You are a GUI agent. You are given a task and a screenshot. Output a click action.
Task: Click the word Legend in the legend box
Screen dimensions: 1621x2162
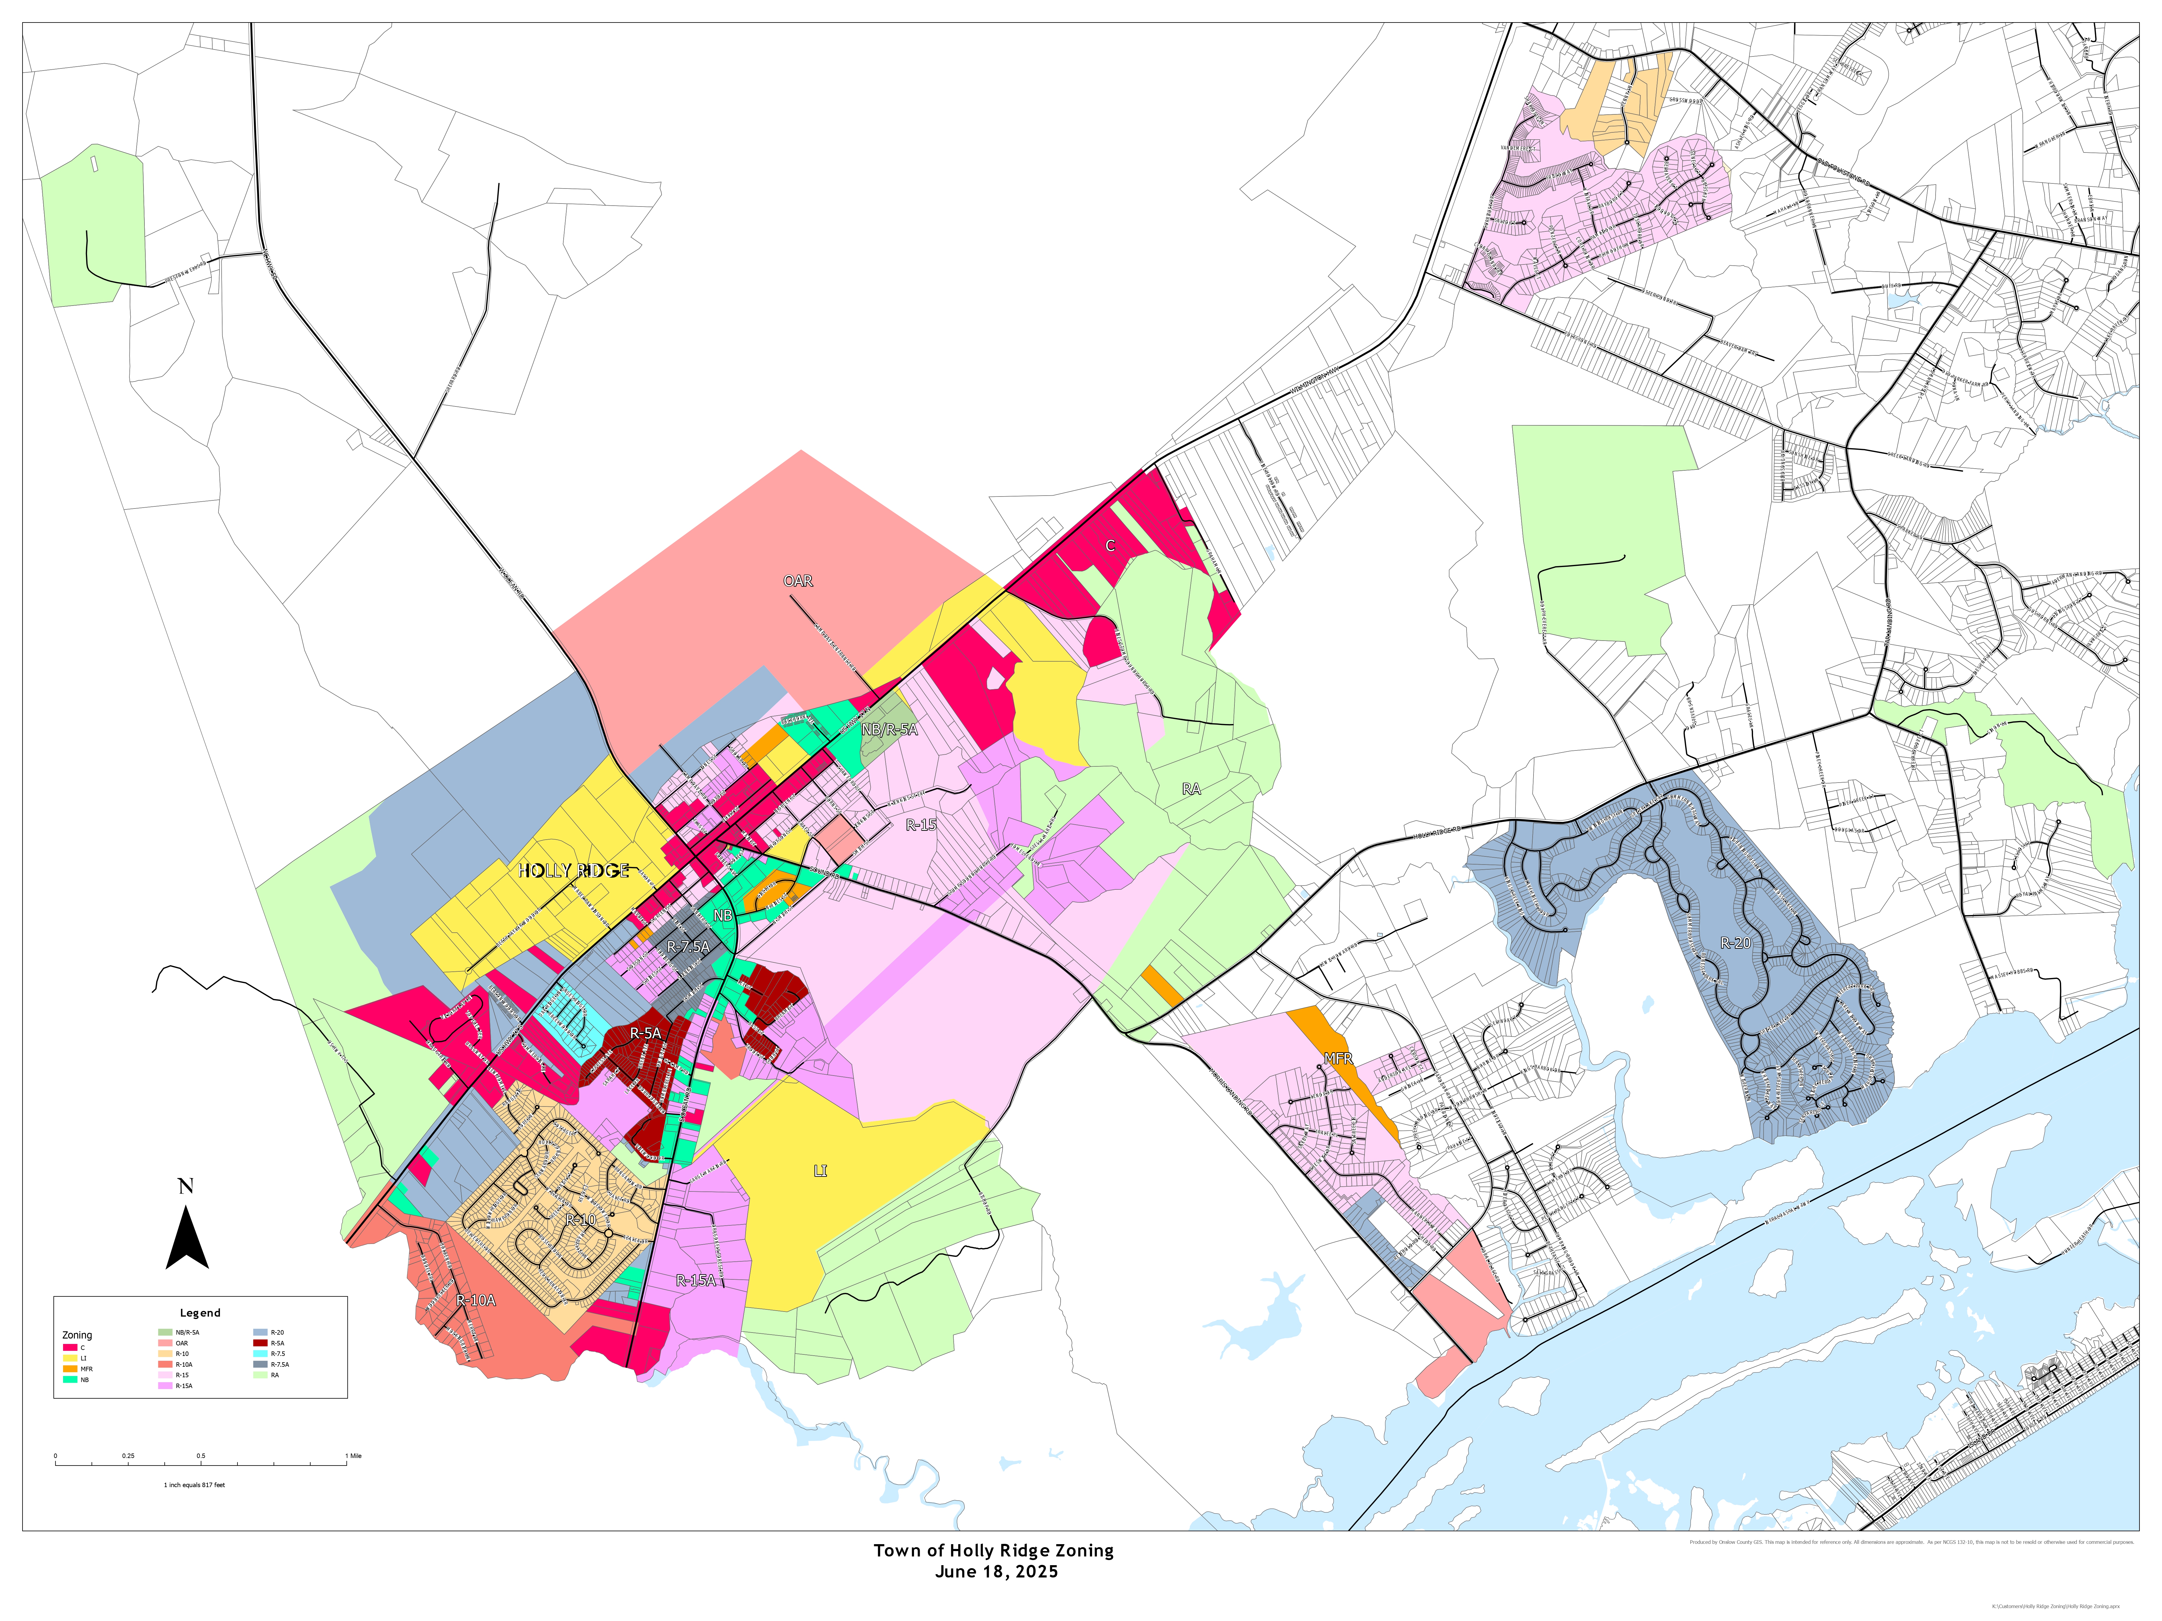tap(200, 1313)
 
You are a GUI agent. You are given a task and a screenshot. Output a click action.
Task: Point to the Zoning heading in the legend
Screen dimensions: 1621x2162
tap(77, 1335)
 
